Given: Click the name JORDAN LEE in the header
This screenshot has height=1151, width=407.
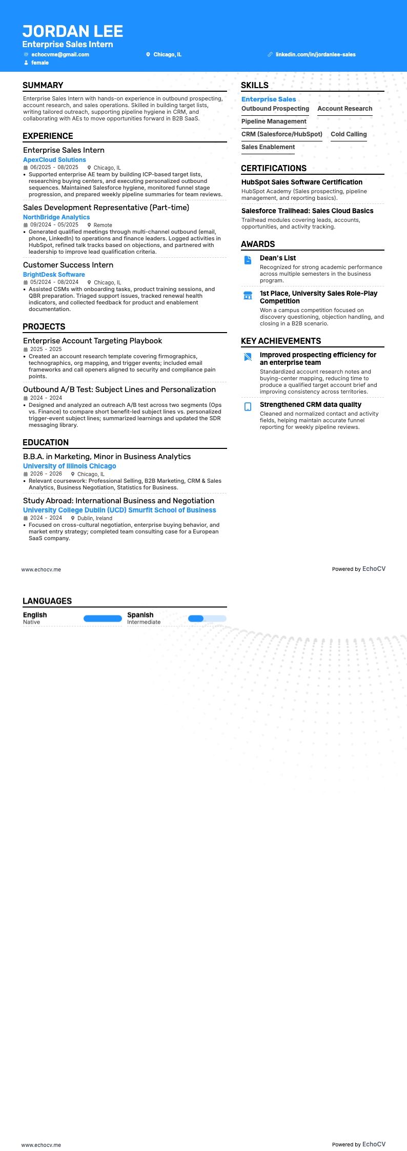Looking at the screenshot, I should pos(72,31).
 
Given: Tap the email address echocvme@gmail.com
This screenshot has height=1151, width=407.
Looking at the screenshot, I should pos(60,54).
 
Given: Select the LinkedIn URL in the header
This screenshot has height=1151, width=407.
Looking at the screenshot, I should pos(315,54).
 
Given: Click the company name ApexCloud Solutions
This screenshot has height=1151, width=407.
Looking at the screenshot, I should pos(54,160).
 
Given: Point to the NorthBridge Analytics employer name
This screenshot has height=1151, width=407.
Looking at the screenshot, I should pos(56,217).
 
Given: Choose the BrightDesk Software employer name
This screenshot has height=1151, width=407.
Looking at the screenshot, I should pos(54,275).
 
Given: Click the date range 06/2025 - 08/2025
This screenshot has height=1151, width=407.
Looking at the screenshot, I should pos(54,168).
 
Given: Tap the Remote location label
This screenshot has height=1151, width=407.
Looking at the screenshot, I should pos(103,225).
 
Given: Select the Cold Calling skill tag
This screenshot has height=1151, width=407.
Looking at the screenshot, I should pos(349,134).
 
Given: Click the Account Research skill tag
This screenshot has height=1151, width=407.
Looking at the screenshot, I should pos(344,109).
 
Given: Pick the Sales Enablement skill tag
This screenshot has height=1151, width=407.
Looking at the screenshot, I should pos(268,147).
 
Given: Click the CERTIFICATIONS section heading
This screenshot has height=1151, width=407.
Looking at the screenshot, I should pos(274,168).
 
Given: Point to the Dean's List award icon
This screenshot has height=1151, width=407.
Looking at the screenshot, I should pos(248,260).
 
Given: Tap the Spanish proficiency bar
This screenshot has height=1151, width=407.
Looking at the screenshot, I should pos(207,619).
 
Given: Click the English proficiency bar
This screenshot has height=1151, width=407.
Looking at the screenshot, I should pos(103,619).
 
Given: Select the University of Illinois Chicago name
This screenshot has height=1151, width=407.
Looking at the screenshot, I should pos(70,466).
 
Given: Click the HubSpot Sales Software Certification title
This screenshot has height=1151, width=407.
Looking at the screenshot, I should pos(302,182).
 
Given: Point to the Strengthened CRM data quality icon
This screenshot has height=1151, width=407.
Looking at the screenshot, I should pos(248,406).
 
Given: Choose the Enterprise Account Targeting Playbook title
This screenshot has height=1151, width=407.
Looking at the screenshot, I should pos(92,341).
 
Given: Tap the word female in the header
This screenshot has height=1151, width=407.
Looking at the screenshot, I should pos(40,63).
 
